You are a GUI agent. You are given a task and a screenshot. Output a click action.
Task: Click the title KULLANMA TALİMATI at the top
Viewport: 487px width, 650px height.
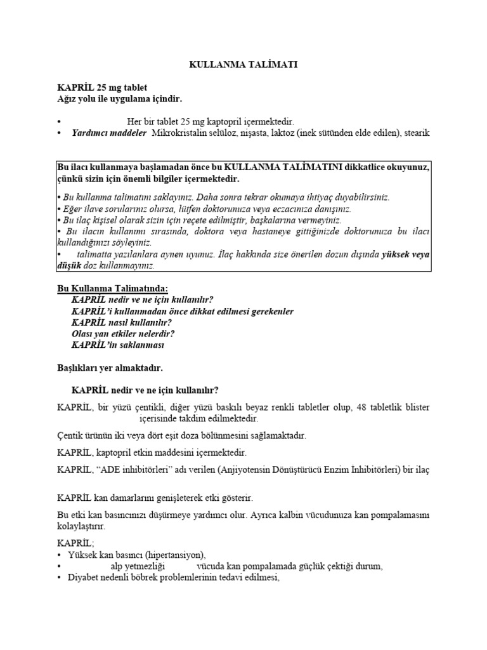tap(243, 65)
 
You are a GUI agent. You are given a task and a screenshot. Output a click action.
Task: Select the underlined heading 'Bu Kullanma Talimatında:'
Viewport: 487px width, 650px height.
tap(113, 289)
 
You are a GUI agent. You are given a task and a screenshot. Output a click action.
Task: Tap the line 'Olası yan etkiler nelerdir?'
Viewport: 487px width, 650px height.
tap(123, 333)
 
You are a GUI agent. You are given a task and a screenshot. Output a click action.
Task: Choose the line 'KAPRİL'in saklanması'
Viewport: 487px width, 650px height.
tap(118, 345)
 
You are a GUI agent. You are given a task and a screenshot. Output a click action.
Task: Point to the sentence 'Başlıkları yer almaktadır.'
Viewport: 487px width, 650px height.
tap(110, 367)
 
